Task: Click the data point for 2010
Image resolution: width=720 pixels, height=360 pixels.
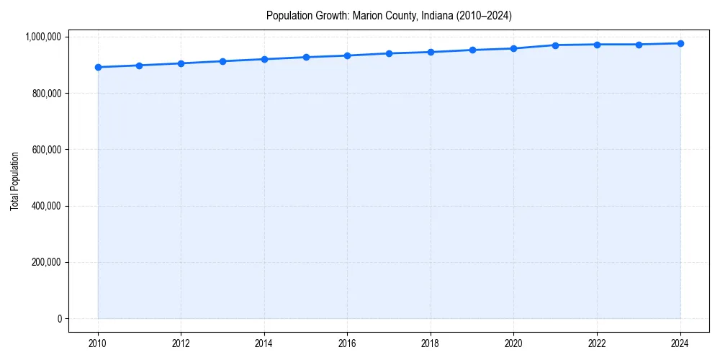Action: tap(98, 68)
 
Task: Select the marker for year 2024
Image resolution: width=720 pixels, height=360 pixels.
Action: tap(680, 43)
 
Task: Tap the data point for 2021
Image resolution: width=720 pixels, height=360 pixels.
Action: tap(555, 45)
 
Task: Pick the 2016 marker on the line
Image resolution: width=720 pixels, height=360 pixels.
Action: tap(347, 55)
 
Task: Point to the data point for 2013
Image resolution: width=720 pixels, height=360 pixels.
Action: tap(222, 61)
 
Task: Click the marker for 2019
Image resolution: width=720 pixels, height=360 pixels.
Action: tap(472, 50)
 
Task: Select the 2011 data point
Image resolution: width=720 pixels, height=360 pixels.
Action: tap(139, 66)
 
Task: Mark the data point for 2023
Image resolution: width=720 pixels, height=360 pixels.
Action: tap(639, 45)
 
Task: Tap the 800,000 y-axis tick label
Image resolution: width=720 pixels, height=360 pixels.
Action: tap(46, 94)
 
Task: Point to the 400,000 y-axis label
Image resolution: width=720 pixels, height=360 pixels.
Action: tap(46, 206)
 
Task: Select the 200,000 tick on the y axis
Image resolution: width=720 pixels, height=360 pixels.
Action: tap(46, 263)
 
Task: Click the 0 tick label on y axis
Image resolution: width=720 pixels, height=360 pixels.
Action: tap(60, 319)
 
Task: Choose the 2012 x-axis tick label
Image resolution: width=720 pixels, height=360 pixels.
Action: tap(181, 343)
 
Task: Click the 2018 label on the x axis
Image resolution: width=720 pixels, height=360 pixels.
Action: tap(431, 343)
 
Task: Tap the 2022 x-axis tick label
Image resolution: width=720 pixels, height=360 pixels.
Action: tap(597, 343)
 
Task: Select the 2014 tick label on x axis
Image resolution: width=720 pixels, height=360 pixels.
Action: tap(264, 343)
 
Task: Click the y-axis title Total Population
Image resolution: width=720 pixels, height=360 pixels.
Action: tap(14, 181)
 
